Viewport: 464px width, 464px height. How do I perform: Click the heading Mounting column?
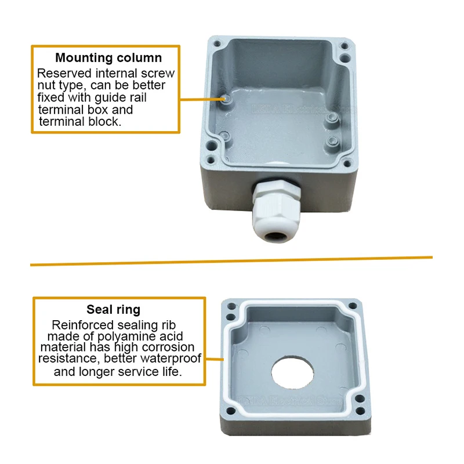(x=108, y=58)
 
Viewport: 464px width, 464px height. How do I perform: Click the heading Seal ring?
(x=113, y=310)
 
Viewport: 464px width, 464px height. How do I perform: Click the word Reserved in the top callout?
(x=62, y=74)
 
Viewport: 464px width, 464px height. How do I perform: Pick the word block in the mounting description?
(x=105, y=122)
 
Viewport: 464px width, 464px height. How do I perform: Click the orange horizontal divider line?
(x=232, y=261)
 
